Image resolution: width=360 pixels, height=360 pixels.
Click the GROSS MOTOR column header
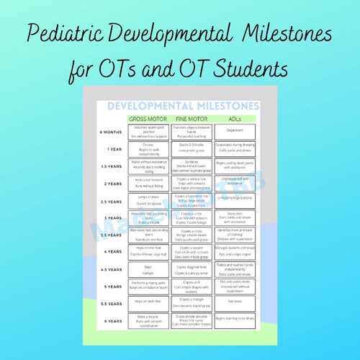(x=148, y=118)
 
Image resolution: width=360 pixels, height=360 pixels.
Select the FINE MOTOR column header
(x=190, y=118)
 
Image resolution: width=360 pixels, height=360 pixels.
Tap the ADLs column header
(x=234, y=118)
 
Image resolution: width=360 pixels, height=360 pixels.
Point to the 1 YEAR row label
(x=114, y=150)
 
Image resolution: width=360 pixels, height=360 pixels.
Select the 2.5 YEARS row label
(x=112, y=202)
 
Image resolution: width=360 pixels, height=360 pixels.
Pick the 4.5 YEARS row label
(x=112, y=269)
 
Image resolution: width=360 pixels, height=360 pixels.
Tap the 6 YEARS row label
(x=112, y=321)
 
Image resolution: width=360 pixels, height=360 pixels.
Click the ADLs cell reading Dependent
(x=235, y=130)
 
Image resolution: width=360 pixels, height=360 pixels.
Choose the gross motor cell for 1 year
(x=148, y=150)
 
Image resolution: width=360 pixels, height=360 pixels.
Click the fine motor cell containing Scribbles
(x=191, y=167)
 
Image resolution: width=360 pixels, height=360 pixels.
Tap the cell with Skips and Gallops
(x=148, y=269)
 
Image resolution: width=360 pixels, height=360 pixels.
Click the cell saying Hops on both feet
(x=148, y=301)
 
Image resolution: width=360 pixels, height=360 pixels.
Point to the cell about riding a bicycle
(x=148, y=320)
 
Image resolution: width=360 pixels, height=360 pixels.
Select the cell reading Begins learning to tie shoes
(x=235, y=318)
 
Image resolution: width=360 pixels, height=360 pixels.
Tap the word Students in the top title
(x=249, y=70)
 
